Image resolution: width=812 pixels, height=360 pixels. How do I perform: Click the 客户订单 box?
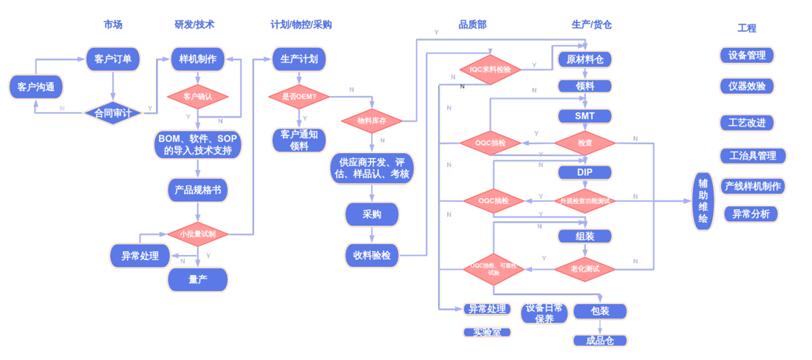click(x=113, y=59)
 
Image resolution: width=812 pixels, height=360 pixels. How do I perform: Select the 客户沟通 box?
click(x=35, y=87)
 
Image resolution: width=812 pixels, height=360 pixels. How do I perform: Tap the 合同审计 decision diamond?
click(x=112, y=113)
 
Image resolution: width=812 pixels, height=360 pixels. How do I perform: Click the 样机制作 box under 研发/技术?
click(x=197, y=59)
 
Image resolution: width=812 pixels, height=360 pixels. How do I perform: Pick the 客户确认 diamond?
click(x=197, y=96)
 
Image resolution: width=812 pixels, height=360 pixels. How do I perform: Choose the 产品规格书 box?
click(x=197, y=190)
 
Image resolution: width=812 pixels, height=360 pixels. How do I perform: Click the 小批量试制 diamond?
click(x=197, y=234)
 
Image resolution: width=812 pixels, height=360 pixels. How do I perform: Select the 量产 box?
click(x=197, y=279)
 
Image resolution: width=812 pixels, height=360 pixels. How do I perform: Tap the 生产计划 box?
click(x=299, y=59)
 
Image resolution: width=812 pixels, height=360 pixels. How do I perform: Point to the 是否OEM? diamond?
click(x=299, y=96)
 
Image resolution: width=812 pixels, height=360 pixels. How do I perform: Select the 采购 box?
click(x=372, y=214)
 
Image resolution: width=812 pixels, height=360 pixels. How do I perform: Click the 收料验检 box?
click(x=372, y=255)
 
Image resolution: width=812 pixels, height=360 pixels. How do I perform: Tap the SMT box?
click(x=584, y=116)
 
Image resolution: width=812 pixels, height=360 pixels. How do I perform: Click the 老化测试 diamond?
click(x=584, y=268)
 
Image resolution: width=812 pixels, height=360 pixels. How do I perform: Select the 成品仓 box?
click(x=599, y=341)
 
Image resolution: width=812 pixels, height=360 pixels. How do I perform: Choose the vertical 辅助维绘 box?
click(x=703, y=201)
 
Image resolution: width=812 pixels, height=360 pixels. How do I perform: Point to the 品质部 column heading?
click(x=472, y=24)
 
